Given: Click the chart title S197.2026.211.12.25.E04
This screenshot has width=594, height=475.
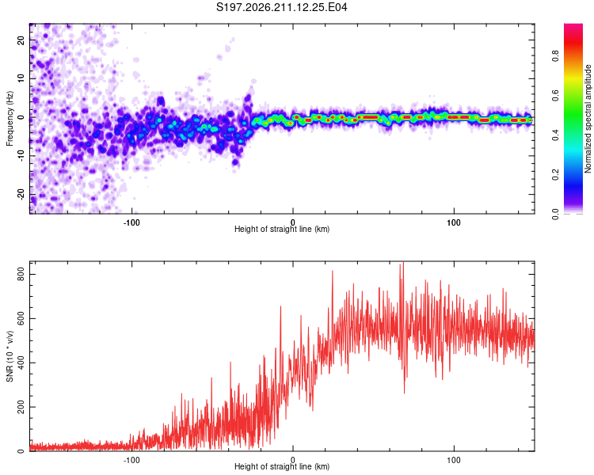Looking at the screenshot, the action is pyautogui.click(x=281, y=7).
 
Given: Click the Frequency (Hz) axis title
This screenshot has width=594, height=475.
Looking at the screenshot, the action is pyautogui.click(x=10, y=119).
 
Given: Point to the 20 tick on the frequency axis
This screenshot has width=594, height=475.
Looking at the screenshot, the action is pyautogui.click(x=21, y=40).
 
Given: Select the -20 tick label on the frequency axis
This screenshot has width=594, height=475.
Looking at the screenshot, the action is pyautogui.click(x=21, y=194).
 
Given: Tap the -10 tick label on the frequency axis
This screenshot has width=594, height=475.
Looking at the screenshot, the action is pyautogui.click(x=21, y=156).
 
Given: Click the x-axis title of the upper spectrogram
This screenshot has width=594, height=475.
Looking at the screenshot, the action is pyautogui.click(x=282, y=229).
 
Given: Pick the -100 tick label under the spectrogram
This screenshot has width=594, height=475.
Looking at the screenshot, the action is pyautogui.click(x=131, y=222).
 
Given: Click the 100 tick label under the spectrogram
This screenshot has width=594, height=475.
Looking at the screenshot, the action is pyautogui.click(x=454, y=222).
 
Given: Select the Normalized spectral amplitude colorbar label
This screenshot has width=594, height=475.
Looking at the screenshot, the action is pyautogui.click(x=588, y=119).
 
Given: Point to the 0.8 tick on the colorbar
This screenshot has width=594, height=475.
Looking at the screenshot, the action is pyautogui.click(x=556, y=55).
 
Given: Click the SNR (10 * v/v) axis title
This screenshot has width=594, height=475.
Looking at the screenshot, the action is pyautogui.click(x=10, y=356).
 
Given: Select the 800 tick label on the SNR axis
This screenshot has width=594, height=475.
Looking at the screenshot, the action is pyautogui.click(x=21, y=274).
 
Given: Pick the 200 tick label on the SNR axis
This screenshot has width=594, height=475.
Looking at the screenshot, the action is pyautogui.click(x=21, y=407).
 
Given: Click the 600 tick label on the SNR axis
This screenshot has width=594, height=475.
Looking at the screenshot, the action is pyautogui.click(x=21, y=318).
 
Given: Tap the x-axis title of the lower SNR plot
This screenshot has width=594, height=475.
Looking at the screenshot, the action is pyautogui.click(x=282, y=466).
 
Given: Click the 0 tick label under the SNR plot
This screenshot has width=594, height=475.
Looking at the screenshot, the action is pyautogui.click(x=292, y=460).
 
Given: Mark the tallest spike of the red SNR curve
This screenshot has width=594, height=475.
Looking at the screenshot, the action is pyautogui.click(x=403, y=262).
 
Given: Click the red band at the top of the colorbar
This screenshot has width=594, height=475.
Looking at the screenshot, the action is pyautogui.click(x=573, y=42).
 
